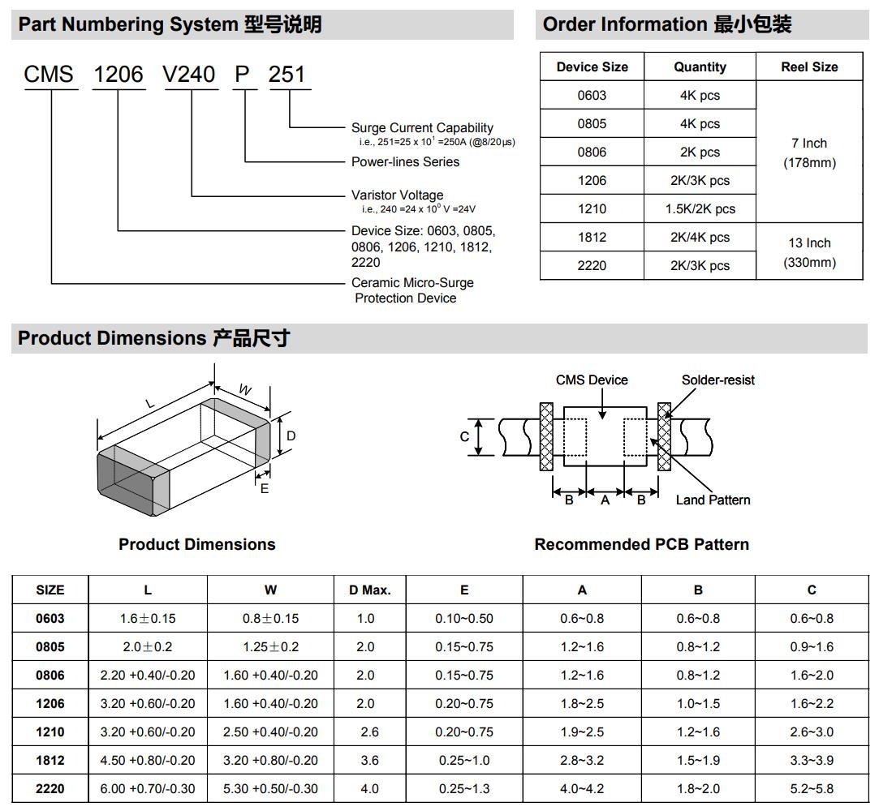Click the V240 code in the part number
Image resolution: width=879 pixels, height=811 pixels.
click(189, 75)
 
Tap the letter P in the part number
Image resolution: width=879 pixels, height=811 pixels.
click(243, 75)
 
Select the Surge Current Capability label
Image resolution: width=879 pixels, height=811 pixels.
click(422, 127)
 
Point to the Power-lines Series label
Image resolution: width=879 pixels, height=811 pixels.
click(405, 162)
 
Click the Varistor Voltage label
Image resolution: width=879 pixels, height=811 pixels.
click(397, 195)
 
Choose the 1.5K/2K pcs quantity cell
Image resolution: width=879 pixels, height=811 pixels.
click(700, 208)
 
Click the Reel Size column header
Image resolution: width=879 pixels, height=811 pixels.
click(809, 67)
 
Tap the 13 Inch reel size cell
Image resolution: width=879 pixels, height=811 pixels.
click(809, 242)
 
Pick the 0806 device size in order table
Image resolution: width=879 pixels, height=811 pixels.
click(592, 152)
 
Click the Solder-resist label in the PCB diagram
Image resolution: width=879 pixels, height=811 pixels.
click(717, 380)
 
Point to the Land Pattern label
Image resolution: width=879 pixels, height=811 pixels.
click(713, 500)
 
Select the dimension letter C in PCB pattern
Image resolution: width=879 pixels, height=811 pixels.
click(465, 436)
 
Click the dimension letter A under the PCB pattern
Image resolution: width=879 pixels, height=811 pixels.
click(605, 500)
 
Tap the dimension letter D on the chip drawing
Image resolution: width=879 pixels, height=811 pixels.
click(291, 436)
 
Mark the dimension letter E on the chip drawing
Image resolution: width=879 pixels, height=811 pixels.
click(265, 488)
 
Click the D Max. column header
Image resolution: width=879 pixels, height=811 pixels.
click(369, 590)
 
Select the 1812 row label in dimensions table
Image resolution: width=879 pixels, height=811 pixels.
click(50, 760)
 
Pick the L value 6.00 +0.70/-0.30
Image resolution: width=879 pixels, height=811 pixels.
click(148, 788)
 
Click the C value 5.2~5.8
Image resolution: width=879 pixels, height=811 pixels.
click(811, 788)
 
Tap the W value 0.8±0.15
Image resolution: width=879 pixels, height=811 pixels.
click(270, 618)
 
